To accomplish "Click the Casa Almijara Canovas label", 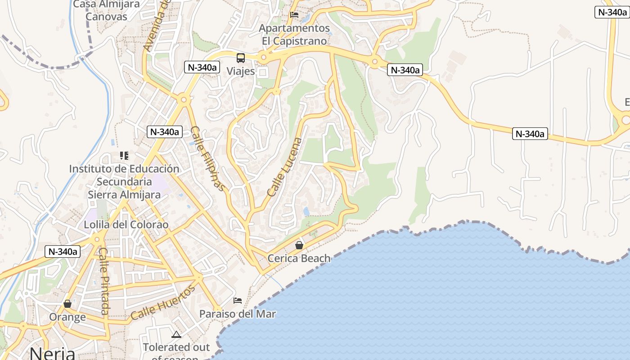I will point(106,10).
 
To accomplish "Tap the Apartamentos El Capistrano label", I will point(294,35).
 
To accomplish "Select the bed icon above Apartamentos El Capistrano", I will point(294,14).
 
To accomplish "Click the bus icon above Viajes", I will point(241,58).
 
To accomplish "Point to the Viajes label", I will point(240,71).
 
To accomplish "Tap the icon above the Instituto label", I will point(124,156).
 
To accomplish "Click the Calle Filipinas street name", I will point(207,158).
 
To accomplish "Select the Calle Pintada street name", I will point(103,281).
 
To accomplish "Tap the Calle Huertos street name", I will point(163,302).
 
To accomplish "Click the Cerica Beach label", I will point(299,258).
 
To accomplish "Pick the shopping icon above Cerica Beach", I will point(299,245).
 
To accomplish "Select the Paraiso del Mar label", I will point(238,314).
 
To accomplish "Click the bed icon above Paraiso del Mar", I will point(238,300).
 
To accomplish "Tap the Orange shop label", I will point(67,317).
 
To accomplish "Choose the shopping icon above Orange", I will point(67,304).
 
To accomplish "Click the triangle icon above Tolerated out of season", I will point(176,334).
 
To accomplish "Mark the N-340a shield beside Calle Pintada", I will point(63,252).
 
